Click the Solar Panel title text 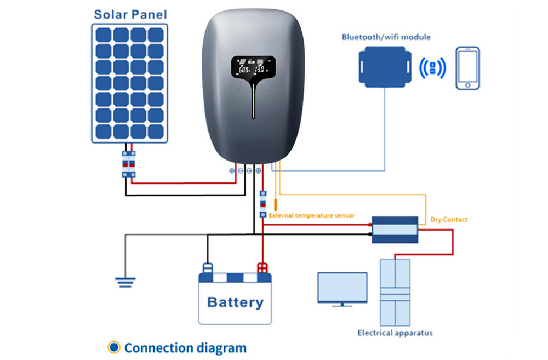(x=130, y=14)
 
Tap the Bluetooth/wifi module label (x=386, y=37)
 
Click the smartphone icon (x=467, y=68)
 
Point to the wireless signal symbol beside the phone (x=432, y=68)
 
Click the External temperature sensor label (x=311, y=215)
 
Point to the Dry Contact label (x=449, y=219)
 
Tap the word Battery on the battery (x=235, y=302)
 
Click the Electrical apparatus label (x=395, y=333)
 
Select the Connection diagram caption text (x=185, y=347)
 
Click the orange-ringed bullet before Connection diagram (x=114, y=347)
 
